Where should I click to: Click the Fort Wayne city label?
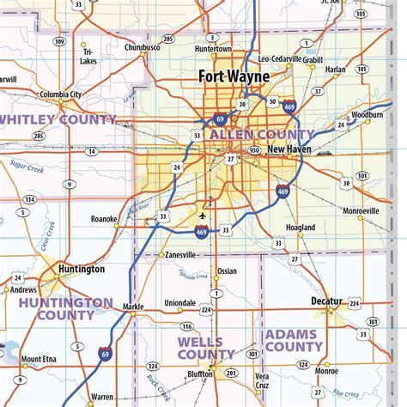pyautogui.click(x=234, y=76)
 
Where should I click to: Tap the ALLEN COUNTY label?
pyautogui.click(x=261, y=135)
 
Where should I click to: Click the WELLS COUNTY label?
pyautogui.click(x=205, y=348)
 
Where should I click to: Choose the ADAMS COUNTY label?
pyautogui.click(x=294, y=340)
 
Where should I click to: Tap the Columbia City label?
pyautogui.click(x=59, y=94)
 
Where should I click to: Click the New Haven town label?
pyautogui.click(x=288, y=149)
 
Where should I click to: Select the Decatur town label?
pyautogui.click(x=325, y=301)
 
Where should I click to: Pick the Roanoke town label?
pyautogui.click(x=104, y=219)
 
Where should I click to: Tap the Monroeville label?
pyautogui.click(x=360, y=210)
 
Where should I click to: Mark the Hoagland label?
pyautogui.click(x=301, y=227)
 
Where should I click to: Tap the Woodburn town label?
pyautogui.click(x=367, y=114)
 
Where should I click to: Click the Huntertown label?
pyautogui.click(x=214, y=49)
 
